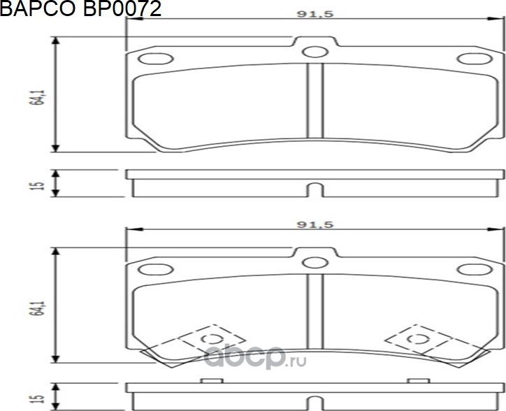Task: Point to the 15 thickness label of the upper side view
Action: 40,184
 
